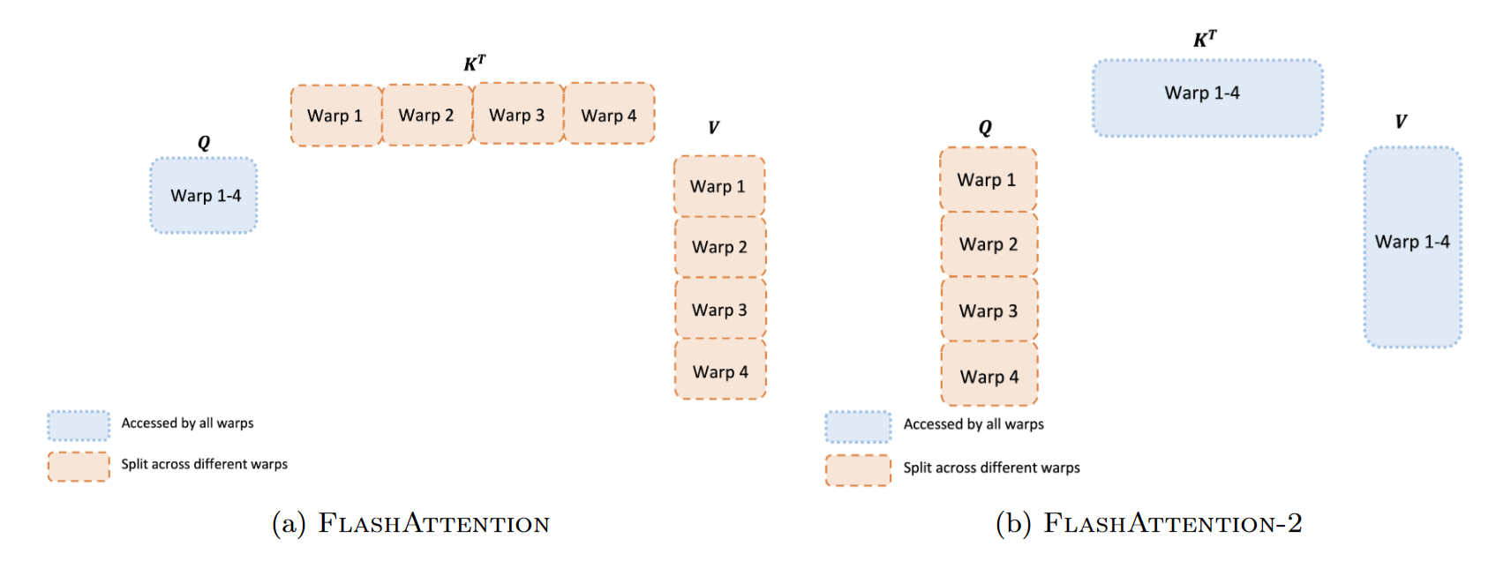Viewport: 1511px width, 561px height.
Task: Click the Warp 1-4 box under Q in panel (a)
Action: click(204, 196)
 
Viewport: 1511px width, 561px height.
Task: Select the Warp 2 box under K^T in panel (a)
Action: click(426, 116)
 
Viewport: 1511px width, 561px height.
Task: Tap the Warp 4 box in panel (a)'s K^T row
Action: click(609, 115)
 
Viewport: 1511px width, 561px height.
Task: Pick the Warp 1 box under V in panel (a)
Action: click(718, 186)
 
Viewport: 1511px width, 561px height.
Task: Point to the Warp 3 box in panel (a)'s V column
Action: click(719, 310)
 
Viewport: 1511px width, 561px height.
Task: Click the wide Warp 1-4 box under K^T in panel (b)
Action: click(1207, 98)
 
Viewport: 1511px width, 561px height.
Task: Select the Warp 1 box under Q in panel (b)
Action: click(988, 180)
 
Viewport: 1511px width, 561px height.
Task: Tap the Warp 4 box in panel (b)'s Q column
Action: click(989, 376)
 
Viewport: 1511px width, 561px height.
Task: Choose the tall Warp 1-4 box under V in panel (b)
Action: click(1412, 247)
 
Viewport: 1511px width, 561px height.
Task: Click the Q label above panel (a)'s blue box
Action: click(204, 143)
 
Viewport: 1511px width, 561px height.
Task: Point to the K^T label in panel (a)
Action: click(474, 64)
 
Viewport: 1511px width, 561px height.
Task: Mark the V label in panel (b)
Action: click(1401, 122)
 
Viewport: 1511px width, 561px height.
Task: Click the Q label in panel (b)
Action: click(985, 128)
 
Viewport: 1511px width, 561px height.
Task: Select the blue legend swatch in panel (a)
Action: click(79, 425)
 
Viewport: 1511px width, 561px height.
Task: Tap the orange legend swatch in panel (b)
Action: click(858, 470)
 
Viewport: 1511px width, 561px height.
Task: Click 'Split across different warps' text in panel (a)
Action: click(204, 464)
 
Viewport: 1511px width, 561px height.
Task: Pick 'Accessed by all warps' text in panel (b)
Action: click(973, 424)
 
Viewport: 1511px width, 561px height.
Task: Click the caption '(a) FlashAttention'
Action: click(410, 524)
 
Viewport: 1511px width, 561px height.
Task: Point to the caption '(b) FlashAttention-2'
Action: click(1148, 524)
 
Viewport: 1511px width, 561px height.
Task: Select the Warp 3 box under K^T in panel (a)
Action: click(517, 115)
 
